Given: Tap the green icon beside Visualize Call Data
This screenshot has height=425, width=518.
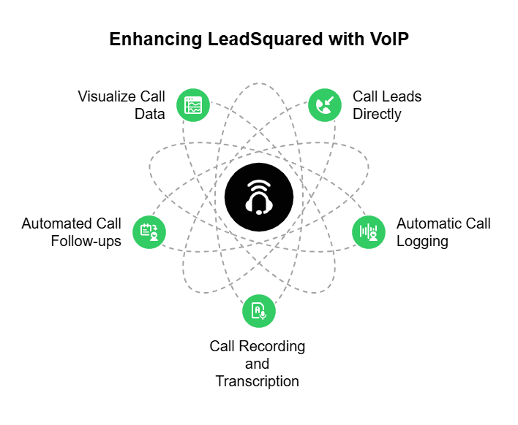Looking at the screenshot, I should coord(194,105).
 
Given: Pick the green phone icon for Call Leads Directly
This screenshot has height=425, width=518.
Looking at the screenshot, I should coord(324,105).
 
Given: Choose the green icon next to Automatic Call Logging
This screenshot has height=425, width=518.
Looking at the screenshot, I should coord(368,231).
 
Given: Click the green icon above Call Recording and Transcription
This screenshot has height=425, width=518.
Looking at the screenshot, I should coord(259,310).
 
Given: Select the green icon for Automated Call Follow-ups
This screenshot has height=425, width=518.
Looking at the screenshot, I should coord(149,231).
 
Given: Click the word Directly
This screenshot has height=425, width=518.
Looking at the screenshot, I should coord(377,114).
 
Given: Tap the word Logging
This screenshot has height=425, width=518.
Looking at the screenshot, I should coord(422,241).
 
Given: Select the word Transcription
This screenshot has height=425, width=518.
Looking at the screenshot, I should coord(257,381).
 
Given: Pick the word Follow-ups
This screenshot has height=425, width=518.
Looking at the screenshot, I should coord(86,241).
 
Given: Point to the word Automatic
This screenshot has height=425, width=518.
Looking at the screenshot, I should coord(428,223).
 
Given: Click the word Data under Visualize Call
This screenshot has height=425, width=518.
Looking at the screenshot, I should coord(149,114).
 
